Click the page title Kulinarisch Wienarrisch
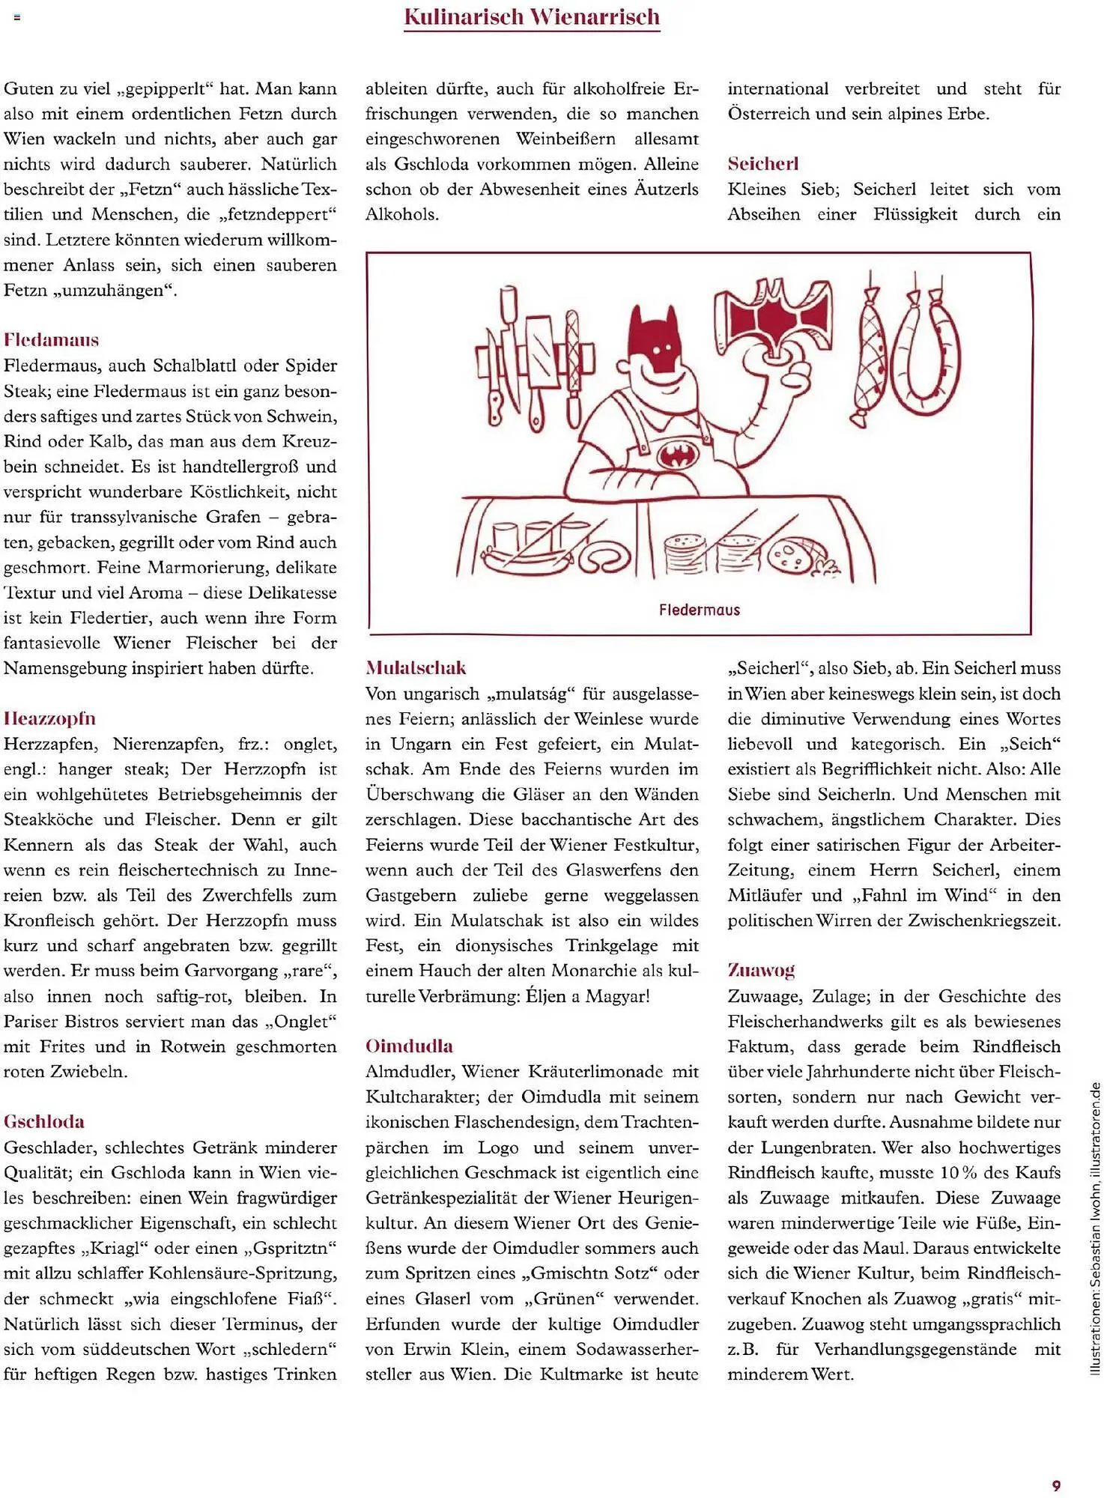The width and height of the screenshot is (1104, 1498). [532, 16]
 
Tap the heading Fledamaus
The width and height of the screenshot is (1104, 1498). [51, 340]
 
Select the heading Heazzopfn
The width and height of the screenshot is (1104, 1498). [49, 718]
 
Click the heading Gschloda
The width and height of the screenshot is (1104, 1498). [44, 1121]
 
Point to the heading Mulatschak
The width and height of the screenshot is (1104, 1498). [416, 667]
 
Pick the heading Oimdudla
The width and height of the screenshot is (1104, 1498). [409, 1046]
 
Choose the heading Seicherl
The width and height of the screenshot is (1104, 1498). [763, 163]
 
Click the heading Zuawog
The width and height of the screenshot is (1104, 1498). [761, 970]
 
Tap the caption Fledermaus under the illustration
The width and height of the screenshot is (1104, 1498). [699, 610]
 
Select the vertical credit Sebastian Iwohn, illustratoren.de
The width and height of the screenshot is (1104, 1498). [1095, 1228]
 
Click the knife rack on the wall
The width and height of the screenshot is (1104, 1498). [535, 358]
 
